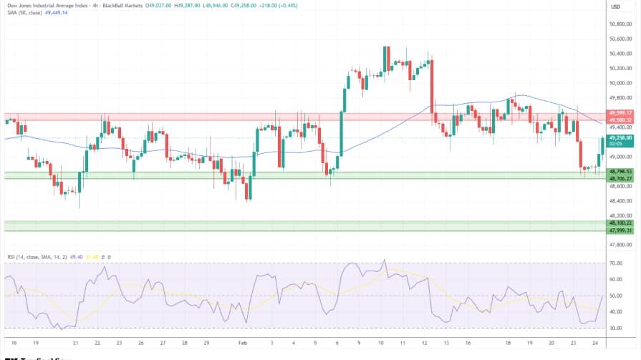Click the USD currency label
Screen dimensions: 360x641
[x=615, y=6]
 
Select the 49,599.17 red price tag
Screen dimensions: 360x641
[x=620, y=112]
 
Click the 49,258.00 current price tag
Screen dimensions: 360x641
[x=620, y=137]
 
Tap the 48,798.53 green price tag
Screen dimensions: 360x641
[x=620, y=172]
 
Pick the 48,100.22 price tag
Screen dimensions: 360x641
[x=620, y=223]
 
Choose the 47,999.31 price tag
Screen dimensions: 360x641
[x=620, y=230]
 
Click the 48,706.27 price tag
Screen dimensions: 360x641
[x=620, y=178]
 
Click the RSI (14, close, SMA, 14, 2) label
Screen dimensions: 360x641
[x=35, y=256]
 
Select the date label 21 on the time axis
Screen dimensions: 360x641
[x=75, y=343]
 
